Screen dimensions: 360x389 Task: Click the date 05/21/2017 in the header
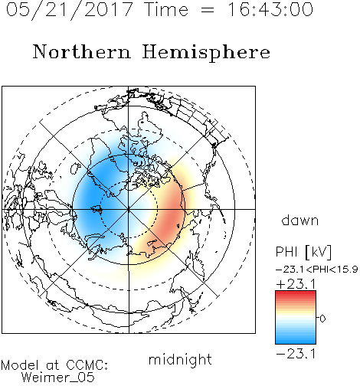(x=70, y=9)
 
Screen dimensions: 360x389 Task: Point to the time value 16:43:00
(x=270, y=9)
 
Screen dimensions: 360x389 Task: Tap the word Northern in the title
(x=82, y=51)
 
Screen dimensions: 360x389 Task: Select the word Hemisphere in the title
(x=206, y=53)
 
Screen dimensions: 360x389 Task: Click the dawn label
(x=300, y=221)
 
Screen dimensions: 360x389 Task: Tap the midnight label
(x=180, y=359)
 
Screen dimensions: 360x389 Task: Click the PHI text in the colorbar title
(x=286, y=252)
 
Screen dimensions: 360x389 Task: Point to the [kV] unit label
(x=319, y=252)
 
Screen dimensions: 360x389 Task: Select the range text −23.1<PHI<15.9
(x=317, y=270)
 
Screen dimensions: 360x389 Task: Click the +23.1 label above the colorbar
(x=296, y=284)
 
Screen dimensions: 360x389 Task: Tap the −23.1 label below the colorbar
(x=296, y=354)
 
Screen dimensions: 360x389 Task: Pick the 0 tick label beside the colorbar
(x=322, y=319)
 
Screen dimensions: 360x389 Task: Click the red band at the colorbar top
(x=296, y=294)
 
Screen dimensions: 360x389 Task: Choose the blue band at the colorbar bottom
(x=296, y=341)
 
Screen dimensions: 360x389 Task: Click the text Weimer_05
(x=58, y=378)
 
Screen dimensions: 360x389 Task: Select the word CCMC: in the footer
(x=87, y=365)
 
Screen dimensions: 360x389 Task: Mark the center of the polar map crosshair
(x=129, y=209)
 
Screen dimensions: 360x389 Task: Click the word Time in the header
(x=166, y=9)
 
